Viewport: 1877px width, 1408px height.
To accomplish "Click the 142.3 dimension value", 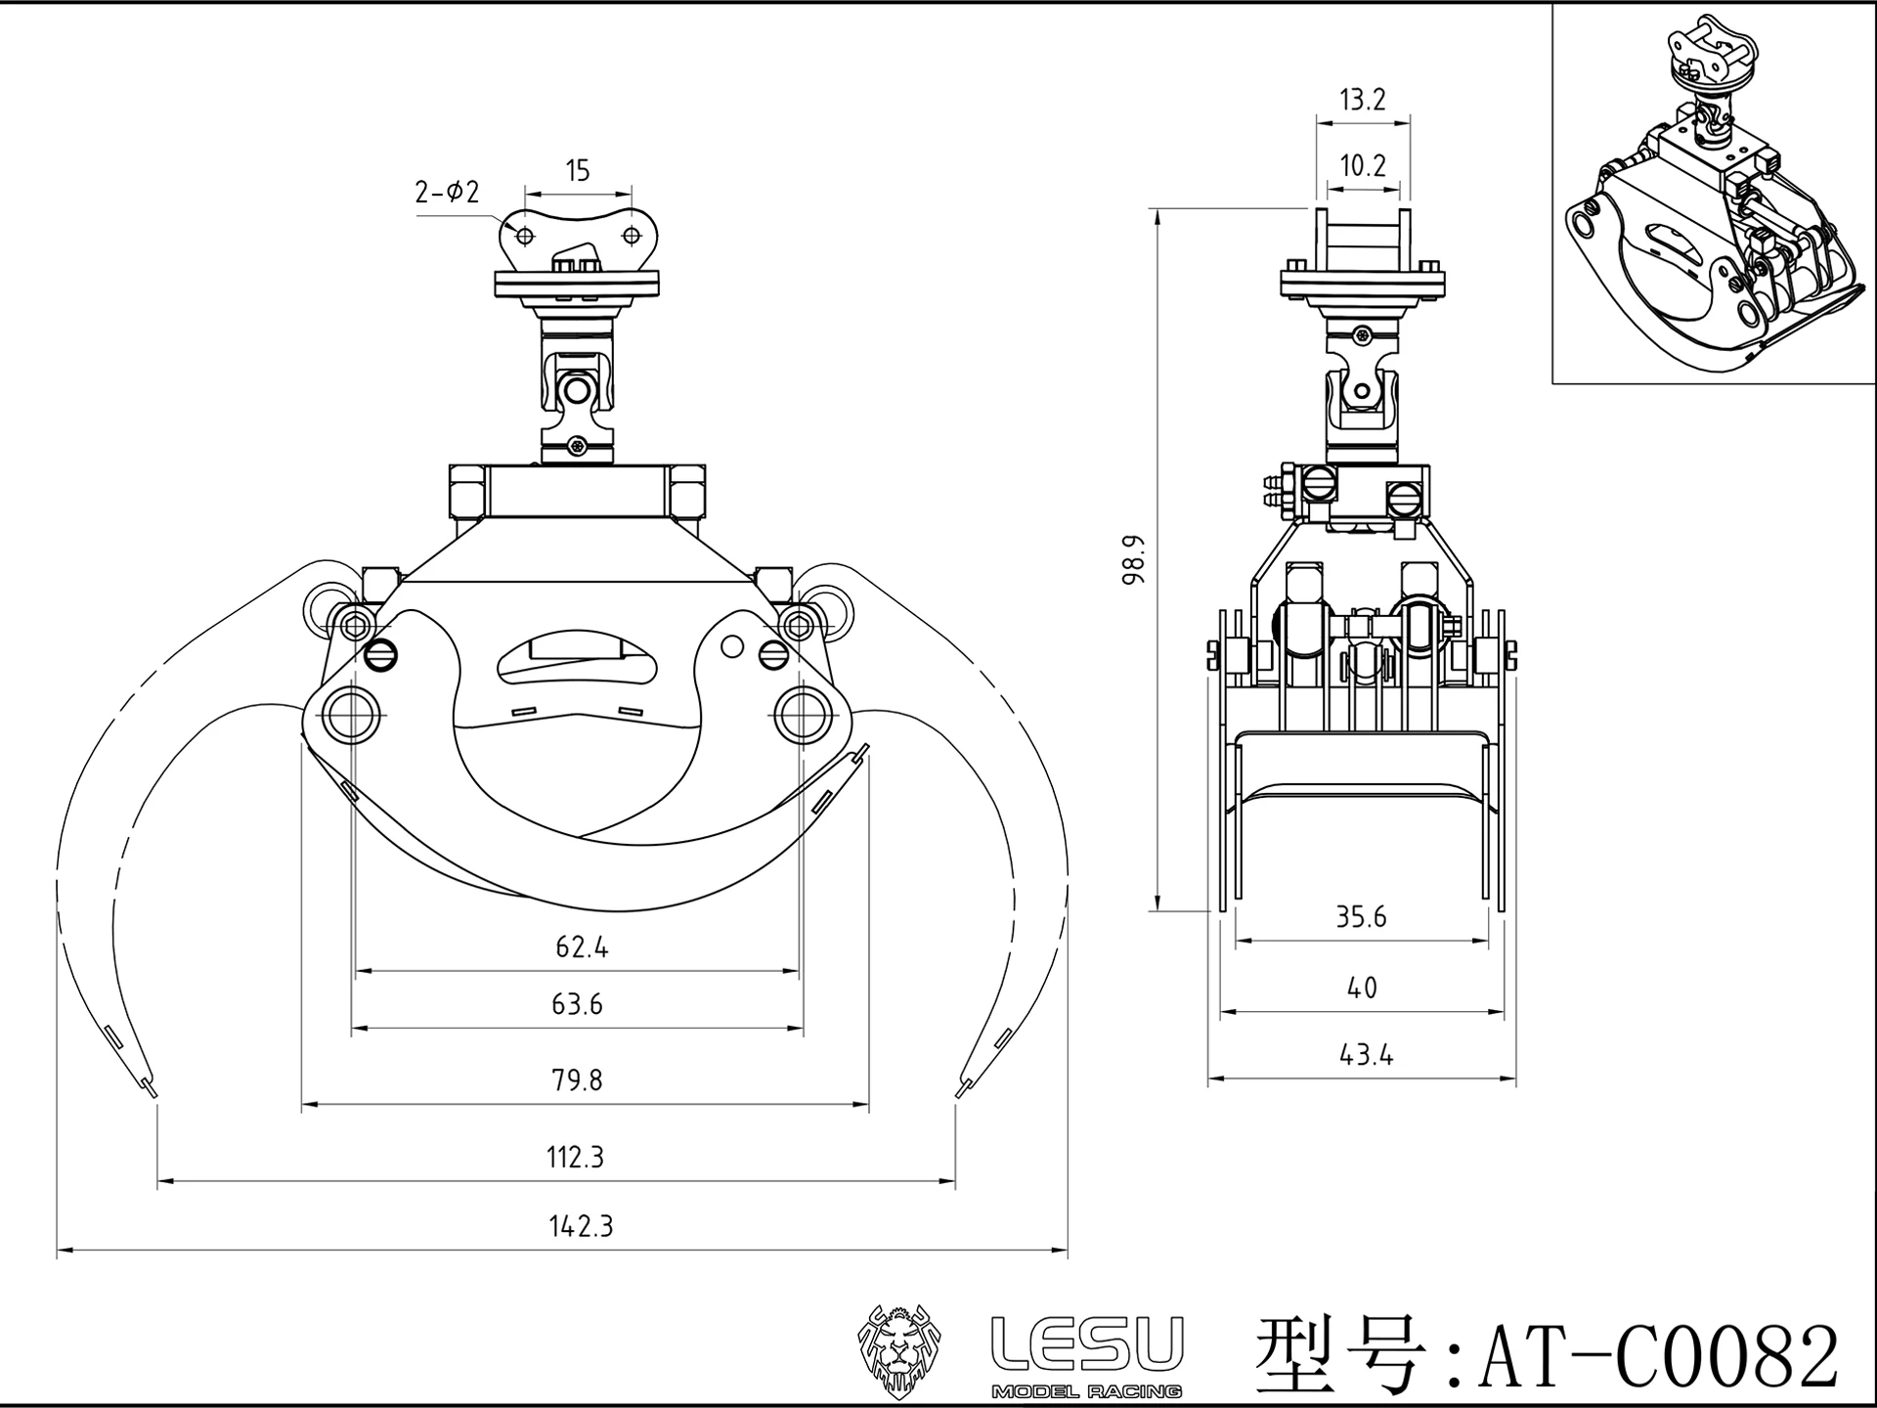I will (581, 1226).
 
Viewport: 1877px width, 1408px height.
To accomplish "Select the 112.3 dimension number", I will (575, 1158).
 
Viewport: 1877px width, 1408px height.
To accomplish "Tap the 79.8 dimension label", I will (577, 1080).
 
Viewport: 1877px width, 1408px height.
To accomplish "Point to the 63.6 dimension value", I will (577, 1004).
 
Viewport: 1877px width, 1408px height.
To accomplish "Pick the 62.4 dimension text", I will (582, 947).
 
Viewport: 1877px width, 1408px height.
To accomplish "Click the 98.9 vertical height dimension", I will (1133, 560).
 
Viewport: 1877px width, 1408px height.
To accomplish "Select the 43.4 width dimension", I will (1365, 1055).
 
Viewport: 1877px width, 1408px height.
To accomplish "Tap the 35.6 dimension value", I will (1361, 917).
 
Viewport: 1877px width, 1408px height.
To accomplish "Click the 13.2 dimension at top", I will (1363, 100).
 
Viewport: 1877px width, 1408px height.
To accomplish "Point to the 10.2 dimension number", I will (1363, 165).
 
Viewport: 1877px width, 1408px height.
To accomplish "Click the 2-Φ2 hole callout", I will (448, 193).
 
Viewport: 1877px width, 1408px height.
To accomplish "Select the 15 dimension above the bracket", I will (578, 171).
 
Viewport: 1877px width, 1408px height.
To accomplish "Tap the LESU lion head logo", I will (899, 1351).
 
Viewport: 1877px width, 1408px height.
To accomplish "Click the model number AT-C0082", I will (1658, 1357).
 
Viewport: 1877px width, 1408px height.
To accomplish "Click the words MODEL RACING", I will (1086, 1391).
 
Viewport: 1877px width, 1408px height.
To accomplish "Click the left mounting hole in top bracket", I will (525, 236).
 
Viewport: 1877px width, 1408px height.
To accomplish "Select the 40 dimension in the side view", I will (1362, 989).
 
